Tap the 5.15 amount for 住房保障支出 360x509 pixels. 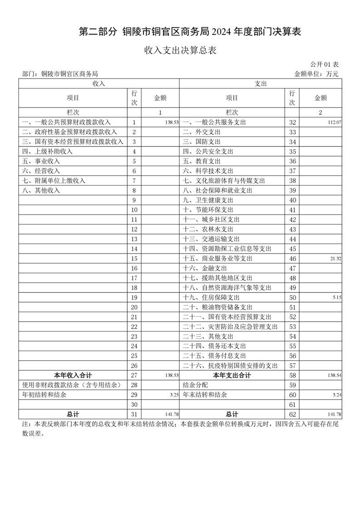click(335, 298)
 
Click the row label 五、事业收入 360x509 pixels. click(41, 161)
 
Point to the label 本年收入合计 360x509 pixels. click(73, 375)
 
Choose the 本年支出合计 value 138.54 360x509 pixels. click(334, 376)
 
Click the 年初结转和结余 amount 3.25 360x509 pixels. click(172, 395)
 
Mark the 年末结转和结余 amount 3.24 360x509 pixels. click(336, 395)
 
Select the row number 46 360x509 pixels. click(292, 259)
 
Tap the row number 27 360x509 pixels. click(134, 375)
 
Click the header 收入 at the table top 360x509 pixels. click(99, 83)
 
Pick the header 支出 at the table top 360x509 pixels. click(261, 83)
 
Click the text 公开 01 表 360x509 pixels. click(325, 65)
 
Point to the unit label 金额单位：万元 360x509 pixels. click(316, 73)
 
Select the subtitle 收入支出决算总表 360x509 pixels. click(180, 50)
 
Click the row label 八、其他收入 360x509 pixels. click(41, 191)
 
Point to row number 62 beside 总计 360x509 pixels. click(292, 414)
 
